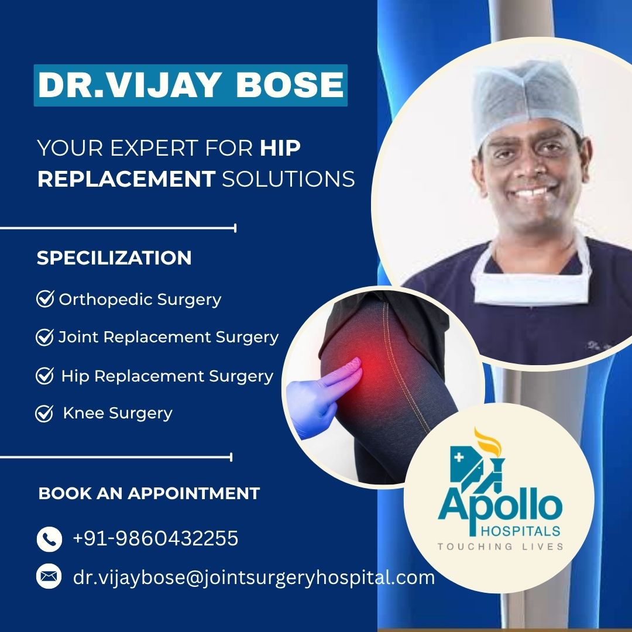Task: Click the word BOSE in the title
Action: [x=290, y=85]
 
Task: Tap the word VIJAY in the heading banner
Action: [x=163, y=85]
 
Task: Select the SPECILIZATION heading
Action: [x=114, y=258]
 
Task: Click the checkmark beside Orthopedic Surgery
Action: [x=45, y=298]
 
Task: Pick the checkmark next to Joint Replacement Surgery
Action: [x=44, y=337]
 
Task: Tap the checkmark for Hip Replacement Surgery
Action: [x=44, y=376]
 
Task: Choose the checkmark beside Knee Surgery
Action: [x=44, y=414]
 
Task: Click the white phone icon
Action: [x=49, y=539]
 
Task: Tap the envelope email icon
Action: [x=49, y=576]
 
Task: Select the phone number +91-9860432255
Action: [x=156, y=538]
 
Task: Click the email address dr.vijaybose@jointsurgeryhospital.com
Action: [x=254, y=578]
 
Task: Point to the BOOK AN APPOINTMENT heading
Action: [x=149, y=493]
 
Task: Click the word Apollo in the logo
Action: [x=500, y=509]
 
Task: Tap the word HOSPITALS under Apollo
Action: [x=521, y=531]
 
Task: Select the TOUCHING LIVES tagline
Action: [x=500, y=547]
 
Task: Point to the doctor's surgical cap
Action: [x=528, y=101]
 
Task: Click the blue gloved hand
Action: [x=322, y=397]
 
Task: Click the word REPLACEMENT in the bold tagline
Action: [x=126, y=179]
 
